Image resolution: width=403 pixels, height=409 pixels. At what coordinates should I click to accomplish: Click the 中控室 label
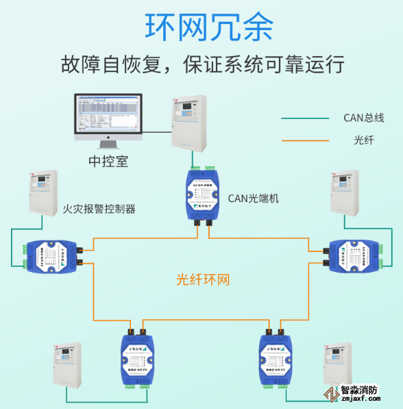coord(108,162)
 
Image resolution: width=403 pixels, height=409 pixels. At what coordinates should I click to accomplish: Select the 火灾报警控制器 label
coord(99,209)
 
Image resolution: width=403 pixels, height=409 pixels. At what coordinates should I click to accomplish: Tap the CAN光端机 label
coord(253,199)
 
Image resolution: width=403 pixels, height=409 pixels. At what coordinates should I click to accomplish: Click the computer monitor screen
coord(108,116)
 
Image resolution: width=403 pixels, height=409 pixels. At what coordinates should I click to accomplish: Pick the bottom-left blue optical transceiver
coord(136,358)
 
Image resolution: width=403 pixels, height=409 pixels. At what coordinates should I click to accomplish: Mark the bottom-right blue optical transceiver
coord(278,358)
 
